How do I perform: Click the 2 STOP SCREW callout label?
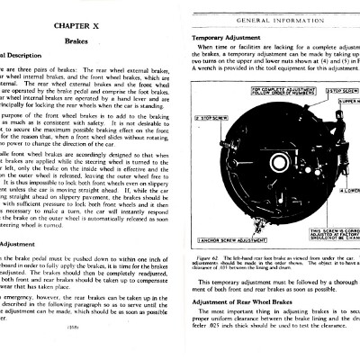coord(207,117)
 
